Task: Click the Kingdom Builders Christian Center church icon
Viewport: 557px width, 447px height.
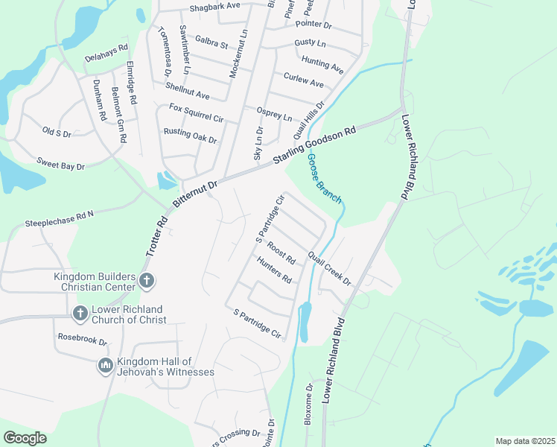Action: click(x=147, y=282)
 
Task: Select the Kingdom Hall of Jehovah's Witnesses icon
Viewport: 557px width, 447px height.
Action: click(x=105, y=365)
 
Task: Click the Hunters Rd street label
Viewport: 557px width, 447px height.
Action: click(x=274, y=270)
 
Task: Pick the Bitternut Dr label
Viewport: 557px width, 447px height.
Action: click(x=194, y=194)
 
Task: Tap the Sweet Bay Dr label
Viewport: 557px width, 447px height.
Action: click(x=61, y=164)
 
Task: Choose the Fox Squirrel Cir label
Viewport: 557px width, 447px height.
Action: click(x=197, y=113)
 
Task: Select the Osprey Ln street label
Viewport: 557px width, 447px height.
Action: click(x=274, y=116)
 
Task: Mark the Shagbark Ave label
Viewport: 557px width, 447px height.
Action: click(x=215, y=5)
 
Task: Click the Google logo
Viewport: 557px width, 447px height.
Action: click(x=25, y=438)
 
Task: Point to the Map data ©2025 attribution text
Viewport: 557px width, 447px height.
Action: click(x=524, y=441)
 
